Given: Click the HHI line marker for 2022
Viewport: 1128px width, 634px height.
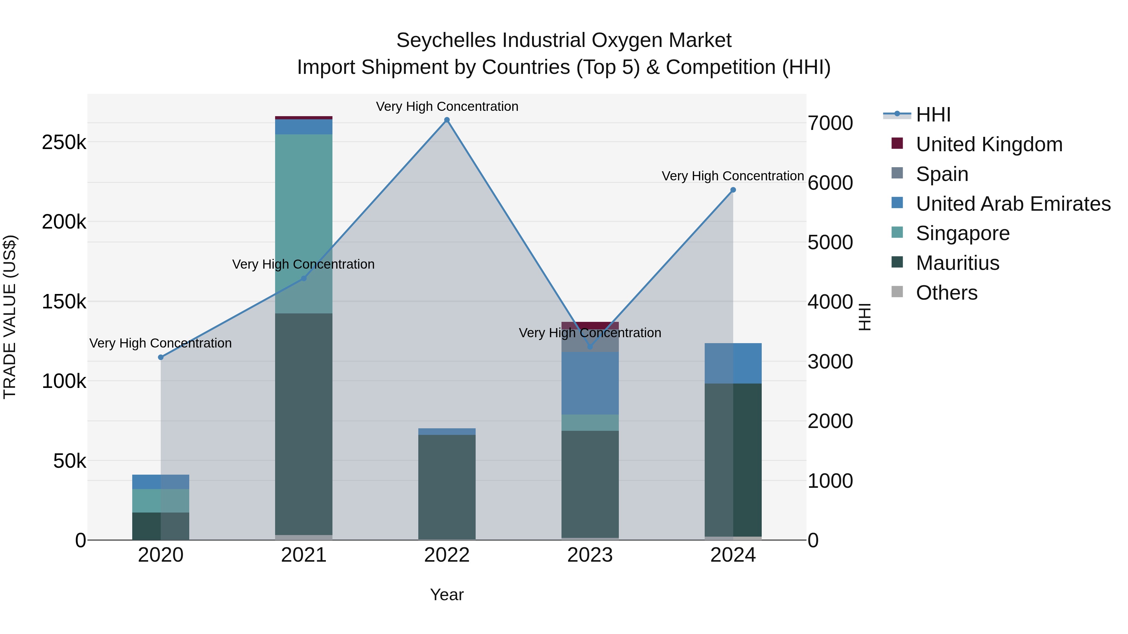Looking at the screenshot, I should click(x=446, y=120).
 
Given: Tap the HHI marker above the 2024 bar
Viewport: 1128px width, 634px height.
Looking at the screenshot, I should click(x=733, y=190).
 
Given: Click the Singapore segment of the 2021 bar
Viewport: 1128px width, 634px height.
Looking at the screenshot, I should click(x=303, y=223).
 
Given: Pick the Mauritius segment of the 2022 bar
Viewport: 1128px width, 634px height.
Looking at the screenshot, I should click(x=446, y=487).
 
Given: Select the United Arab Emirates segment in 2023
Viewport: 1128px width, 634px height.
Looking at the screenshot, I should click(x=590, y=383).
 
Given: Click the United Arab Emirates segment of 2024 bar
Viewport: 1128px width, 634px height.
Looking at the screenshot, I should click(x=733, y=363).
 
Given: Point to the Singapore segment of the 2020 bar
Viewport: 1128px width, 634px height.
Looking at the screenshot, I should click(x=161, y=501).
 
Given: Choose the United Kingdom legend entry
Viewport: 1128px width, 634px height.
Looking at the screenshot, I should click(x=989, y=144).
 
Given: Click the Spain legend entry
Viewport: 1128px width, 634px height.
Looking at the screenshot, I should click(x=942, y=174).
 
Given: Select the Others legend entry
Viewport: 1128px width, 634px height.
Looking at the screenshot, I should click(x=946, y=293).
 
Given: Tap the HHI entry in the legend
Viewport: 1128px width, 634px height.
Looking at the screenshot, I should click(x=933, y=115).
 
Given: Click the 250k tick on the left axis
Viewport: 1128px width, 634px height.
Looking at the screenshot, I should click(x=64, y=142).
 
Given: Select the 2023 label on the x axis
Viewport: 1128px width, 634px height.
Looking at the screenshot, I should click(x=590, y=555).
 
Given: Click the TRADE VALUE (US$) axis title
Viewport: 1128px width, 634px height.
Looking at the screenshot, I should click(x=10, y=317).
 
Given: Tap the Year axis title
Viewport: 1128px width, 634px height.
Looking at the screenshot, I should click(x=446, y=595).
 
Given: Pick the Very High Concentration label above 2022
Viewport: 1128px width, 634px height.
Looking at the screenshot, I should click(x=446, y=106).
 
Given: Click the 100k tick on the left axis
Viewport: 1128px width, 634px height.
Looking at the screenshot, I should click(x=64, y=381).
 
